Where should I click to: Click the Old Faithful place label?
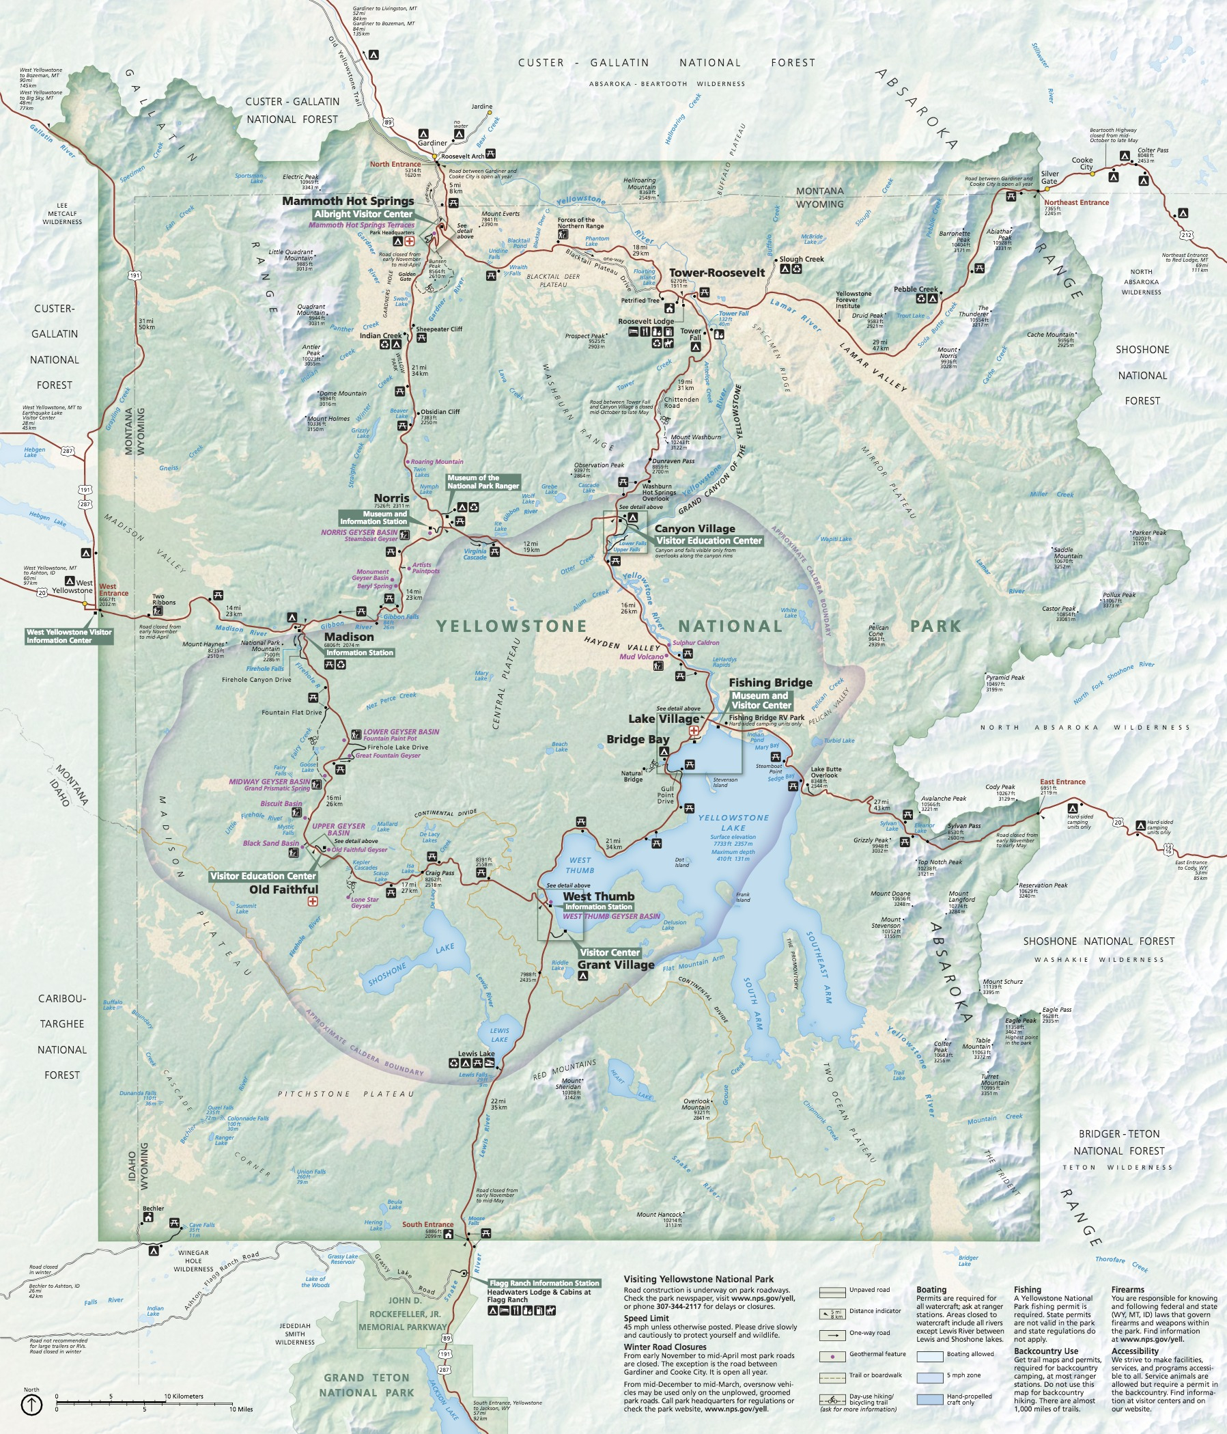coord(283,890)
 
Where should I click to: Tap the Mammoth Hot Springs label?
coord(348,202)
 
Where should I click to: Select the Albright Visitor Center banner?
coord(363,215)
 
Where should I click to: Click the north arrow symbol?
coord(32,1404)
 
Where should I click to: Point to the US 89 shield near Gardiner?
coord(389,122)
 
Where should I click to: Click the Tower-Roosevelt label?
coord(716,273)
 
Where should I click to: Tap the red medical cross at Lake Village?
coord(694,730)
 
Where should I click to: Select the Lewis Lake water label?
coord(498,1035)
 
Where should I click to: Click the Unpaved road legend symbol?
coord(832,1292)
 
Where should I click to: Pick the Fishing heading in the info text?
coord(1027,1289)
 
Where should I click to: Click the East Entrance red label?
coord(1062,782)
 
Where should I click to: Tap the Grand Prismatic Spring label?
coord(277,788)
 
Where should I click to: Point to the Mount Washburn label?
coord(695,437)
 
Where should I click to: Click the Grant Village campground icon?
coord(583,976)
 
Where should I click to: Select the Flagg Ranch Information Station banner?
coord(544,1283)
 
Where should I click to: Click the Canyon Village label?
coord(694,529)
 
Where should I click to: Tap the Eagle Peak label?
coord(1020,1021)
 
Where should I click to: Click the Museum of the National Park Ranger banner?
coord(483,482)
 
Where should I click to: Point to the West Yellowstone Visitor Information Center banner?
coord(68,636)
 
